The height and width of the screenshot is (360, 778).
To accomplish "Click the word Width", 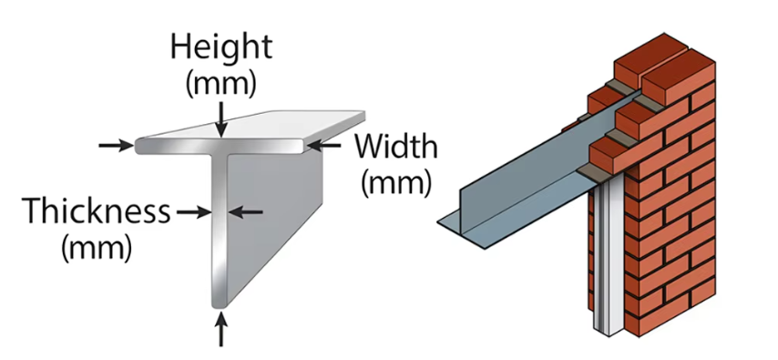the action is pos(396,147).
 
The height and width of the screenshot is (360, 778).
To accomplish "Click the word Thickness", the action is pos(97,211).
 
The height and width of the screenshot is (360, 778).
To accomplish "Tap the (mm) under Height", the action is pos(221,84).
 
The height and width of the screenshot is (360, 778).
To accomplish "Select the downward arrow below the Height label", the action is pos(221,119).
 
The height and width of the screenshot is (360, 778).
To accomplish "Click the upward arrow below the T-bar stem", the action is pos(221,328).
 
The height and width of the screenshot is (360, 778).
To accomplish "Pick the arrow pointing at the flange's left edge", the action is pos(117,146).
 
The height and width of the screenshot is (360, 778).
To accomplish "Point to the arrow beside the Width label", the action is pos(323,146).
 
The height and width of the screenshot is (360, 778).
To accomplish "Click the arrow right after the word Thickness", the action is pos(194,212).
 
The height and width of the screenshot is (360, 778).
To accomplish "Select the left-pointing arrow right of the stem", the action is pos(246,212).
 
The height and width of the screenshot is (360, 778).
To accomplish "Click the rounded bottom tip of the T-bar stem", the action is pos(220,303).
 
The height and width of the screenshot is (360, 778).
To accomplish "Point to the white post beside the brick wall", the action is pos(605,258).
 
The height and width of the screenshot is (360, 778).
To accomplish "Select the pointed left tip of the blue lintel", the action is pos(438,223).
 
